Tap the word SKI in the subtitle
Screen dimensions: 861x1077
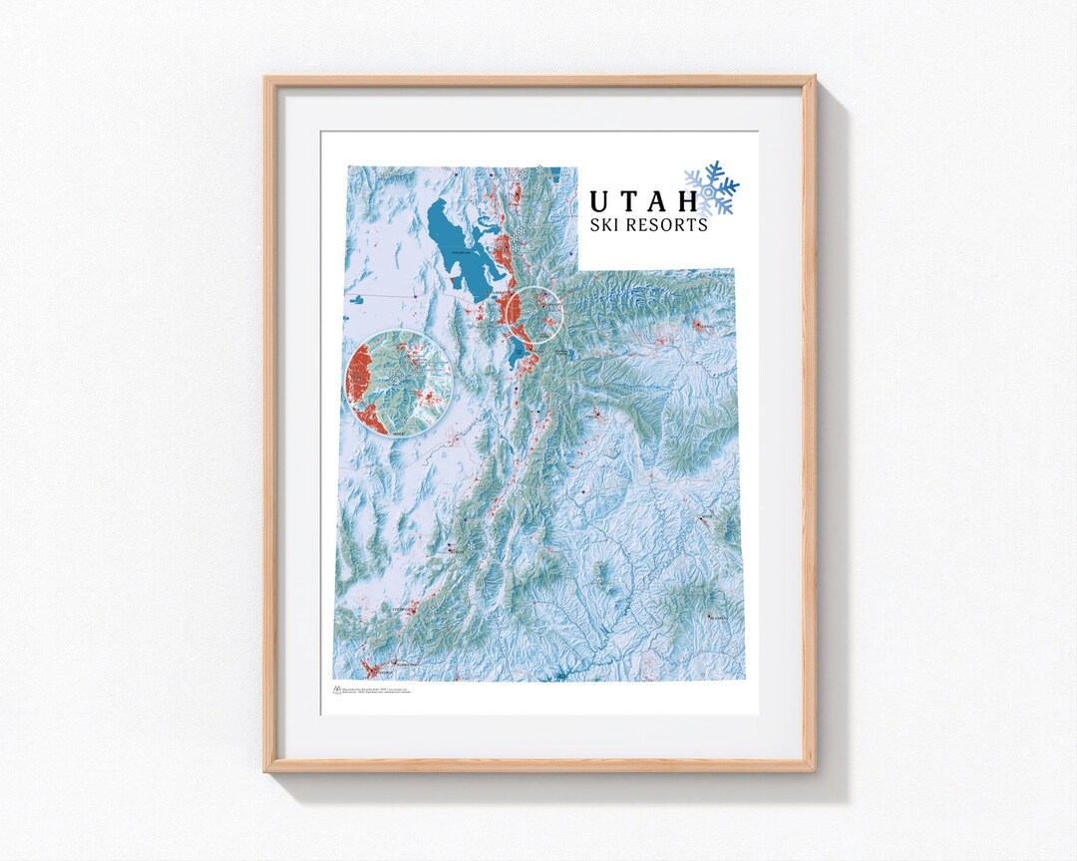tap(607, 225)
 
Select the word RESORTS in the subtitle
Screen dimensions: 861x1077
tap(667, 225)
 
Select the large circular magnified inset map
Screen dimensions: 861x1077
tap(398, 382)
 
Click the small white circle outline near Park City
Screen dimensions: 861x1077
tap(534, 315)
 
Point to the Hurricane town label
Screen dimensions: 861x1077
tap(403, 662)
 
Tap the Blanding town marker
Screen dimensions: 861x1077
tap(710, 618)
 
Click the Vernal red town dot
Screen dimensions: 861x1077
tap(706, 326)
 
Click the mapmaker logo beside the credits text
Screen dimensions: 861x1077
tap(336, 690)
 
